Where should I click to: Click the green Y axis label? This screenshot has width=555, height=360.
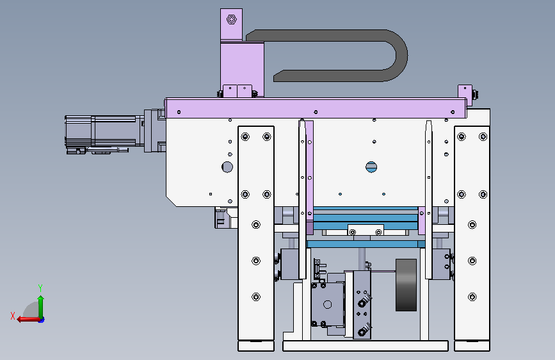click(x=40, y=288)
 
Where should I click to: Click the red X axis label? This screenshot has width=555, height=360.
click(x=13, y=316)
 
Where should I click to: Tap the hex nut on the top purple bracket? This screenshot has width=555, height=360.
click(x=232, y=19)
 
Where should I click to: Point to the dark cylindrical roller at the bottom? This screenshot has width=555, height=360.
click(x=406, y=285)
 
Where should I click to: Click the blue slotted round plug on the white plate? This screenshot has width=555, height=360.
click(x=371, y=167)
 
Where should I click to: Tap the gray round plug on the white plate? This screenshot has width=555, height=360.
click(x=227, y=167)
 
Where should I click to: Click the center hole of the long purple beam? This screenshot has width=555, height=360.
click(x=316, y=112)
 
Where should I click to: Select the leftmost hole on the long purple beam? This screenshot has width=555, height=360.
click(x=179, y=112)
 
